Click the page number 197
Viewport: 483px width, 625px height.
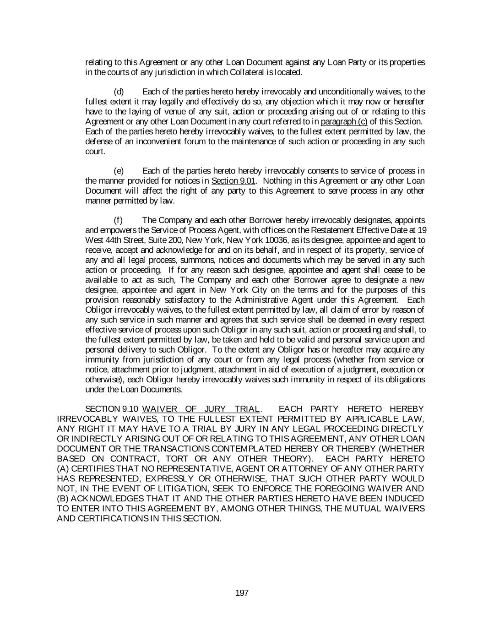coord(242,593)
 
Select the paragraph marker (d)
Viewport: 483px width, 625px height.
coord(119,92)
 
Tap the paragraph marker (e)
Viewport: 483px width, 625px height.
coord(119,171)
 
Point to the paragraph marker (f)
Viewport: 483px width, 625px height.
coord(118,220)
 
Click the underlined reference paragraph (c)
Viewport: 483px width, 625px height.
coord(344,121)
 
